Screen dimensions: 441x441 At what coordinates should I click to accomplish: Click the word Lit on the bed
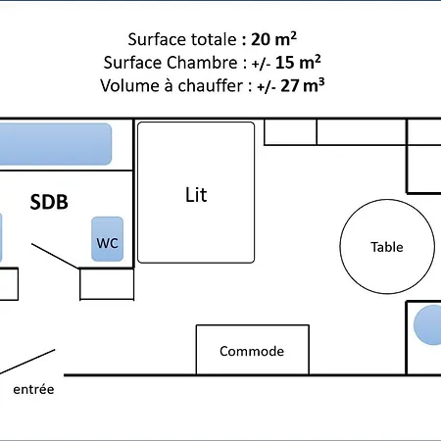196,195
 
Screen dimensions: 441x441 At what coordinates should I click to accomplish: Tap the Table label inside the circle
387,247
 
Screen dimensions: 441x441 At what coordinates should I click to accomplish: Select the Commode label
252,351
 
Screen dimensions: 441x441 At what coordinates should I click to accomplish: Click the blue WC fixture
108,239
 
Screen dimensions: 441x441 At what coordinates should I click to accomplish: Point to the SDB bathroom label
49,202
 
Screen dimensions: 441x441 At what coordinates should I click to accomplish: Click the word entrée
33,389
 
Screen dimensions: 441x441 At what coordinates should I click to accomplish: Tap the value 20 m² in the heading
273,39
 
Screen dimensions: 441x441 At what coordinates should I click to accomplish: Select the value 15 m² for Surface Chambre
298,62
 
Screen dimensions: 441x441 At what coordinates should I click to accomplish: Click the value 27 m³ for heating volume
303,85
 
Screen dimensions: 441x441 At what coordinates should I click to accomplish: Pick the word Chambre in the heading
203,63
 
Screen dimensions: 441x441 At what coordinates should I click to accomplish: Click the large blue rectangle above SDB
56,144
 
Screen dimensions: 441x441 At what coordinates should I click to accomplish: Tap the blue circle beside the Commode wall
428,324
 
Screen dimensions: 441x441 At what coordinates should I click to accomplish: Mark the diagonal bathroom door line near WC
55,256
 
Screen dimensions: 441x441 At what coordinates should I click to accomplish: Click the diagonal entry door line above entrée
27,362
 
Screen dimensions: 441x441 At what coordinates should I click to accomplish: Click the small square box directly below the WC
107,283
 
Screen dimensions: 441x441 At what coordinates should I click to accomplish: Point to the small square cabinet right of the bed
290,131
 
